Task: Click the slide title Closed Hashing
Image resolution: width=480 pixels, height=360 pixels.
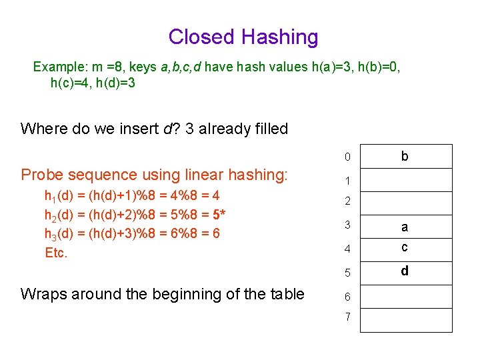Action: pos(243,37)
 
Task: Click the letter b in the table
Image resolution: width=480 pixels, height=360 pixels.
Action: pos(405,157)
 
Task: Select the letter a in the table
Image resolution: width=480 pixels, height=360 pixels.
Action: pos(405,227)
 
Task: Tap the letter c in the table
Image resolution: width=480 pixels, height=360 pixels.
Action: pos(405,247)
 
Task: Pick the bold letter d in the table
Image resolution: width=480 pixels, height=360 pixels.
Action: pos(405,271)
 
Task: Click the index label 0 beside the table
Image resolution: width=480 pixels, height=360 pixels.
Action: pos(347,158)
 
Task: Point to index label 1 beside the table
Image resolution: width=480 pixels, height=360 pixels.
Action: pos(347,181)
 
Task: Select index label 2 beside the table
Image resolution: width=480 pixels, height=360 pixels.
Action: pos(347,201)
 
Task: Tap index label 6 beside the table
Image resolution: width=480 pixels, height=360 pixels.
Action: pos(347,296)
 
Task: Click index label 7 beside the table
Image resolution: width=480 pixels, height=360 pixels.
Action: pos(347,317)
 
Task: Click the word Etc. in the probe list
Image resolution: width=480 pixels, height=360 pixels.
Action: pos(56,253)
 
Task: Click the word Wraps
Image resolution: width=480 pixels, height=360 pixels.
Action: pos(44,294)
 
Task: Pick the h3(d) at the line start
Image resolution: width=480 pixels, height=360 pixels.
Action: pos(59,233)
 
